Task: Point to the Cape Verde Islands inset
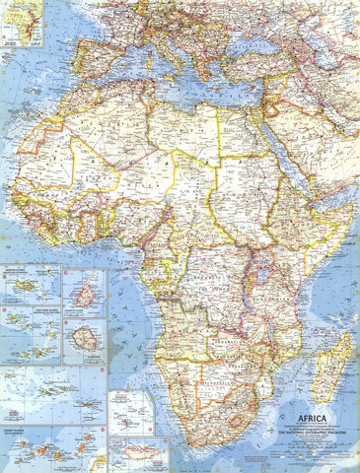coord(30,330)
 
